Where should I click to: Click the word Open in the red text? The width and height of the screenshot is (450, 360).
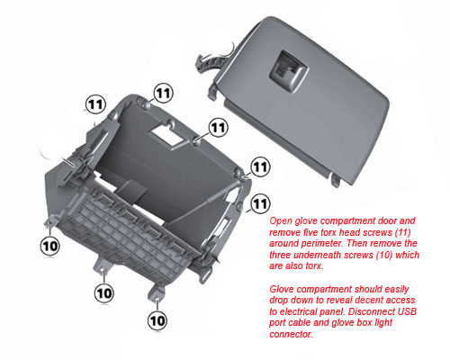(x=281, y=221)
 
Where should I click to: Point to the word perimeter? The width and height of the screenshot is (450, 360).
(x=320, y=243)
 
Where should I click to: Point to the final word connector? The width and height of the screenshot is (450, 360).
(x=291, y=334)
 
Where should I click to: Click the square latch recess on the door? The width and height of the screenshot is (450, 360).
(x=288, y=70)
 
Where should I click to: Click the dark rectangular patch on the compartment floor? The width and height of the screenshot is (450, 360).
(x=131, y=191)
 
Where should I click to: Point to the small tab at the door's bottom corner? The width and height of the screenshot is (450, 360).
(x=336, y=179)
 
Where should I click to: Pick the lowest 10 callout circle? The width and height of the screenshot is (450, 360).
(x=157, y=321)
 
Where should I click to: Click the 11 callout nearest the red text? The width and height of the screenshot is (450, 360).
(x=260, y=203)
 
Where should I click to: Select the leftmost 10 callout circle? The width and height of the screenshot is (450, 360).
(x=50, y=246)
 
